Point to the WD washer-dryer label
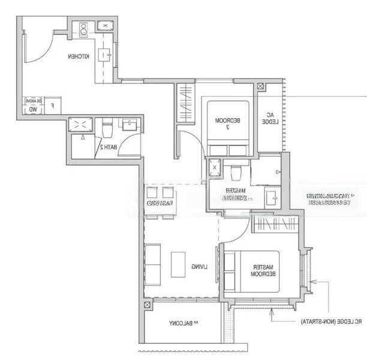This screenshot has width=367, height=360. point(31,109)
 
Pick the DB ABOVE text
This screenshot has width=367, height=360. point(33,101)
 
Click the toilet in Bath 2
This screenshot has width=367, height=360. point(108,129)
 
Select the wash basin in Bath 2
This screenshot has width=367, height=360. point(130,125)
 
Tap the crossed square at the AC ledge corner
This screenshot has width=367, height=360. point(260,86)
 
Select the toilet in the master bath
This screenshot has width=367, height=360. point(236,172)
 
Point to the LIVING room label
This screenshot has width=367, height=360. point(199,266)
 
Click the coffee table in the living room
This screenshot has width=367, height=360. point(178,264)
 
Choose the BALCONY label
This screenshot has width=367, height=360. point(181,324)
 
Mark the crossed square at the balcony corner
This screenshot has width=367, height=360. point(148,305)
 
